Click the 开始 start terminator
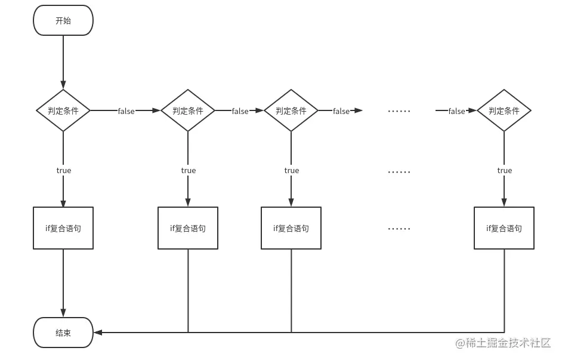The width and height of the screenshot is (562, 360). [63, 20]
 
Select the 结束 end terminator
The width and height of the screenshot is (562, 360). [63, 333]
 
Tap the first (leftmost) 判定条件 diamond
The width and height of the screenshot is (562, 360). [63, 110]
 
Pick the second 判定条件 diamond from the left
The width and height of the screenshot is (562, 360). [188, 110]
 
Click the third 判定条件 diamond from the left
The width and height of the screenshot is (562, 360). [291, 110]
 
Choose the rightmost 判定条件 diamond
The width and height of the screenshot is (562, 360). [504, 110]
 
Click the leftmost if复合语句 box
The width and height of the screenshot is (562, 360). [63, 228]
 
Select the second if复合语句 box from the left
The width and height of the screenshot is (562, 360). [188, 228]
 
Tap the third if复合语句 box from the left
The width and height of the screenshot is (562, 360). [291, 228]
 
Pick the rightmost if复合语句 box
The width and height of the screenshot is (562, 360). [504, 228]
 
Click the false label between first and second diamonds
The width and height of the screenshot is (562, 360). [126, 111]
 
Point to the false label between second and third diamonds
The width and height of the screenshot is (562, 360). [240, 111]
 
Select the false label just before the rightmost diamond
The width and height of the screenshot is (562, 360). [456, 111]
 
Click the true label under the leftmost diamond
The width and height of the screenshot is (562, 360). [63, 171]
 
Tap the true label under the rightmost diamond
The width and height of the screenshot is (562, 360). [504, 171]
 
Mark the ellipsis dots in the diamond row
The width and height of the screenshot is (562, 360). [399, 111]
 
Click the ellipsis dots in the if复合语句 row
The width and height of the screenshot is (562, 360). [399, 229]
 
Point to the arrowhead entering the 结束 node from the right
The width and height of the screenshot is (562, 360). [97, 332]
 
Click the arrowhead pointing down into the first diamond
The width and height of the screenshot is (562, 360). [63, 85]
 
